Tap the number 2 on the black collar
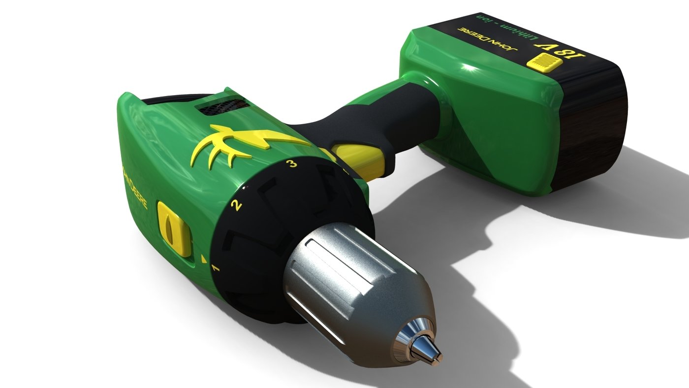[237, 205]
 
